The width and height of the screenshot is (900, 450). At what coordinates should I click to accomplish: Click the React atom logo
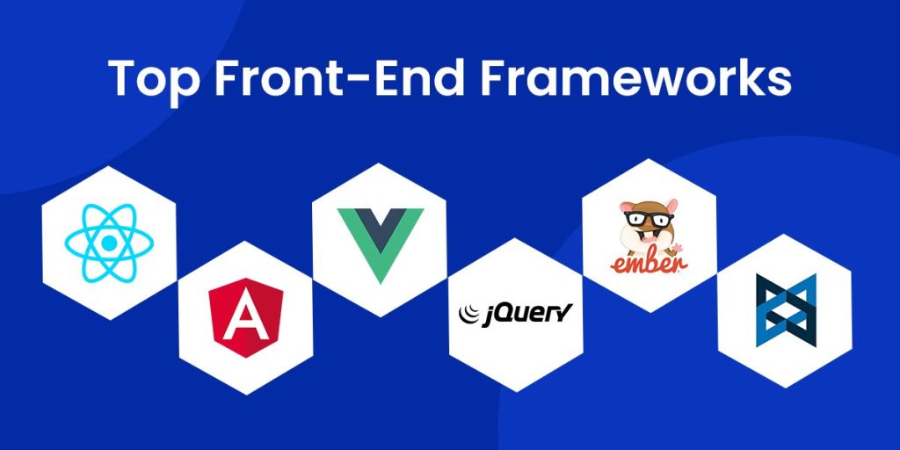pyautogui.click(x=109, y=242)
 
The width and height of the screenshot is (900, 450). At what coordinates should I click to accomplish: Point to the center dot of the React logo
pyautogui.click(x=109, y=242)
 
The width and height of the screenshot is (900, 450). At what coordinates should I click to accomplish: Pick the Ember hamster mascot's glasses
pyautogui.click(x=650, y=216)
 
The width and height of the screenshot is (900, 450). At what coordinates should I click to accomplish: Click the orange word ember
pyautogui.click(x=650, y=261)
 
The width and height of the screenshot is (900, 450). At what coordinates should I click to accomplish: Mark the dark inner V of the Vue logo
pyautogui.click(x=380, y=227)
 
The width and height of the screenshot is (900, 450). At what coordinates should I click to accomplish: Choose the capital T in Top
pyautogui.click(x=123, y=79)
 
